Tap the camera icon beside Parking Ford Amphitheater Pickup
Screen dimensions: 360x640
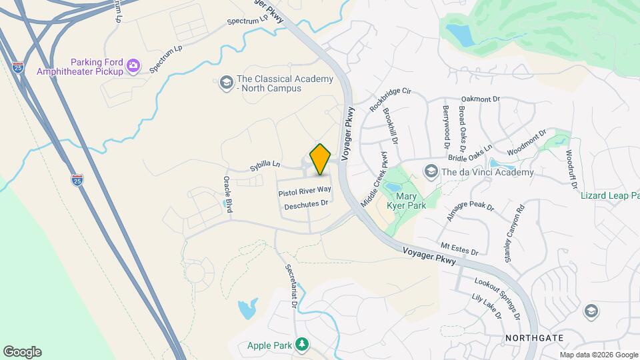pos(133,65)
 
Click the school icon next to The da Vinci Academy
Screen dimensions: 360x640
pos(431,172)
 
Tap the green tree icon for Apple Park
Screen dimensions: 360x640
pos(303,345)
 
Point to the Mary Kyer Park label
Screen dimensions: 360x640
pos(411,201)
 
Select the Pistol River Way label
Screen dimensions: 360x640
pos(305,192)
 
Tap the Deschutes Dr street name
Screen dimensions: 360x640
pos(307,205)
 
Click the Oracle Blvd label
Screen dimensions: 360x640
pos(227,194)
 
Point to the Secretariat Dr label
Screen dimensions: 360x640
pos(291,285)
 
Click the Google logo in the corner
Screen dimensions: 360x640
pos(22,352)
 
